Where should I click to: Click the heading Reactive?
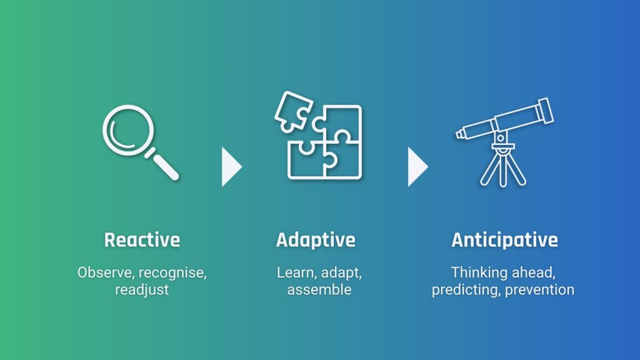pyautogui.click(x=142, y=240)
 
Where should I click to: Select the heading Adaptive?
pyautogui.click(x=316, y=240)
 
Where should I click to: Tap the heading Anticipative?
pyautogui.click(x=504, y=240)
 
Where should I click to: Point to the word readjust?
pyautogui.click(x=142, y=291)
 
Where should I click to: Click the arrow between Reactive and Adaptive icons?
pyautogui.click(x=231, y=167)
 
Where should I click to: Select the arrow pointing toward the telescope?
pyautogui.click(x=417, y=167)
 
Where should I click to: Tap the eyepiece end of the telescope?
pyautogui.click(x=461, y=134)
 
